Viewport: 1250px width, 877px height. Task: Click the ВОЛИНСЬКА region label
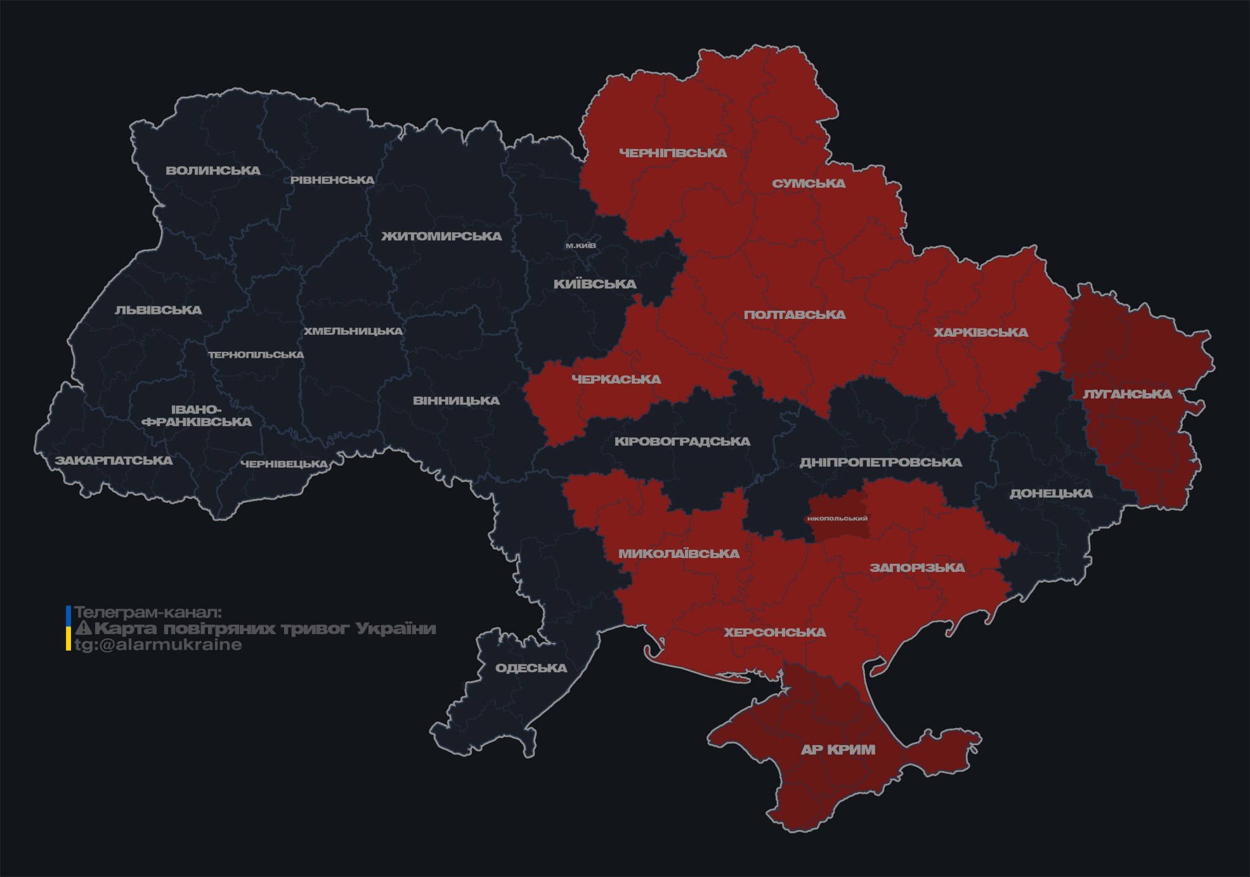213,171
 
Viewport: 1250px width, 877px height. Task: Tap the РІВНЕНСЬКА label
332,180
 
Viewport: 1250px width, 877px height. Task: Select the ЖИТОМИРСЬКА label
441,237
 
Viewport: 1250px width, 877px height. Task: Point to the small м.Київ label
581,245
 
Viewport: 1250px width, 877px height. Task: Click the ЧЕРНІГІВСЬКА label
673,153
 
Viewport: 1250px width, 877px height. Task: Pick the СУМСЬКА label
809,183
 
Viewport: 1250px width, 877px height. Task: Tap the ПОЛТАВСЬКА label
795,315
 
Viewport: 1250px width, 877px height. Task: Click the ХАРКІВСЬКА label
980,332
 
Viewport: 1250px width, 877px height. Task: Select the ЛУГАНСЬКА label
1127,394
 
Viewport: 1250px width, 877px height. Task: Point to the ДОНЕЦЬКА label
1051,493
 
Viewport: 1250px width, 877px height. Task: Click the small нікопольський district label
837,519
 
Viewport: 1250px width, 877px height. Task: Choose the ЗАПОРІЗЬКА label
917,568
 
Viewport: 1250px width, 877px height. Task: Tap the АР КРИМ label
838,750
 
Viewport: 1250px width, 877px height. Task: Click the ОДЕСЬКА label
531,668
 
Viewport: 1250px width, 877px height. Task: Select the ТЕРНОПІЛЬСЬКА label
256,355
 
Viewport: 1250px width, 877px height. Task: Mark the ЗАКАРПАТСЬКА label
114,460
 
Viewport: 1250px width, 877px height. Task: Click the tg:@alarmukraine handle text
159,645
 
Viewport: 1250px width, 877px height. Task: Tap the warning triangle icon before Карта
83,628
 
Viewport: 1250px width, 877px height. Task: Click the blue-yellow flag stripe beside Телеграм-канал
68,628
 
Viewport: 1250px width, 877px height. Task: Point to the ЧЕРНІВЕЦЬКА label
284,464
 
